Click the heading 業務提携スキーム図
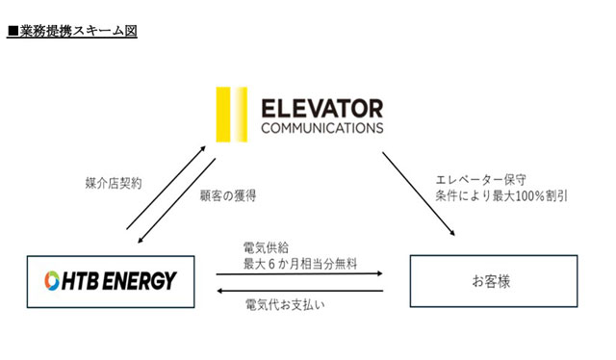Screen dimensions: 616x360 pos(78,31)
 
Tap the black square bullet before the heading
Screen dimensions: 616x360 pos(13,31)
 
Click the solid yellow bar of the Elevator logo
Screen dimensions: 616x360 pos(222,115)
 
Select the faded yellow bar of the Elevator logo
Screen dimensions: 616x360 pos(241,115)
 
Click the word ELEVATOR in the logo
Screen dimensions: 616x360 pos(322,109)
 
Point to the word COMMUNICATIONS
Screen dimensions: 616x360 pos(322,128)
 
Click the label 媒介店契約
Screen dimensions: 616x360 pos(114,183)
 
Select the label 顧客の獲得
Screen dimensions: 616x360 pos(228,195)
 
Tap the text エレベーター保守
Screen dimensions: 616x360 pos(480,180)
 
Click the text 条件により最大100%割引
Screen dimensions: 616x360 pos(501,195)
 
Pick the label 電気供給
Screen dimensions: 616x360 pos(266,248)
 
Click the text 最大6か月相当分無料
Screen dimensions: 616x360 pos(300,264)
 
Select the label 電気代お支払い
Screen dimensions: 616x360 pos(285,304)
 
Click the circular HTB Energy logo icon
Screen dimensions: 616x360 pos(52,281)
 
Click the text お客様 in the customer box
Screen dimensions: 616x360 pos(492,281)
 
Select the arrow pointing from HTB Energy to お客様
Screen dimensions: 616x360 pos(299,273)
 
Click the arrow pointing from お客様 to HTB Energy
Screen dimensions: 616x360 pos(299,291)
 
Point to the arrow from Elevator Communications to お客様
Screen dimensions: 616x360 pos(419,193)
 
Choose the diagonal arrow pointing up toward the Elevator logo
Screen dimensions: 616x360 pos(167,188)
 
